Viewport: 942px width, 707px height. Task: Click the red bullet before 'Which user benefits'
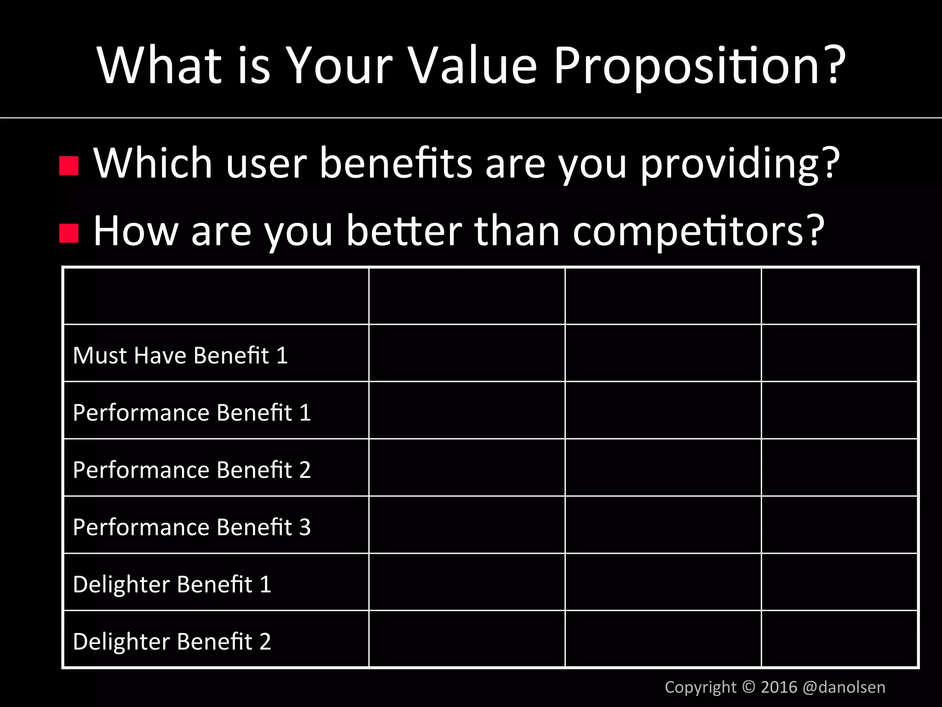pyautogui.click(x=69, y=166)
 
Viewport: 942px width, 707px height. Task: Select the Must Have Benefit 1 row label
pyautogui.click(x=180, y=355)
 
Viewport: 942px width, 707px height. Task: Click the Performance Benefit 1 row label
pyautogui.click(x=191, y=412)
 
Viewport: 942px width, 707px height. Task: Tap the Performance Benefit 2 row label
pyautogui.click(x=191, y=470)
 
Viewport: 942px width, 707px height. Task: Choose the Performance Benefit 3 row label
pyautogui.click(x=191, y=527)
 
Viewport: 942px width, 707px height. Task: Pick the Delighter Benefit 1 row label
pyautogui.click(x=172, y=585)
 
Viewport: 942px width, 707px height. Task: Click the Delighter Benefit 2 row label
pyautogui.click(x=172, y=642)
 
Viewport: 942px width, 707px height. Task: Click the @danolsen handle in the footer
pyautogui.click(x=844, y=687)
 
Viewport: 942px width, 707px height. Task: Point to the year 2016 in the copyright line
pyautogui.click(x=779, y=687)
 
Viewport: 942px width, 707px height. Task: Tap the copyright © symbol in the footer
pyautogui.click(x=749, y=687)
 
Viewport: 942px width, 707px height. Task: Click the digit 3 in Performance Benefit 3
pyautogui.click(x=305, y=527)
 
